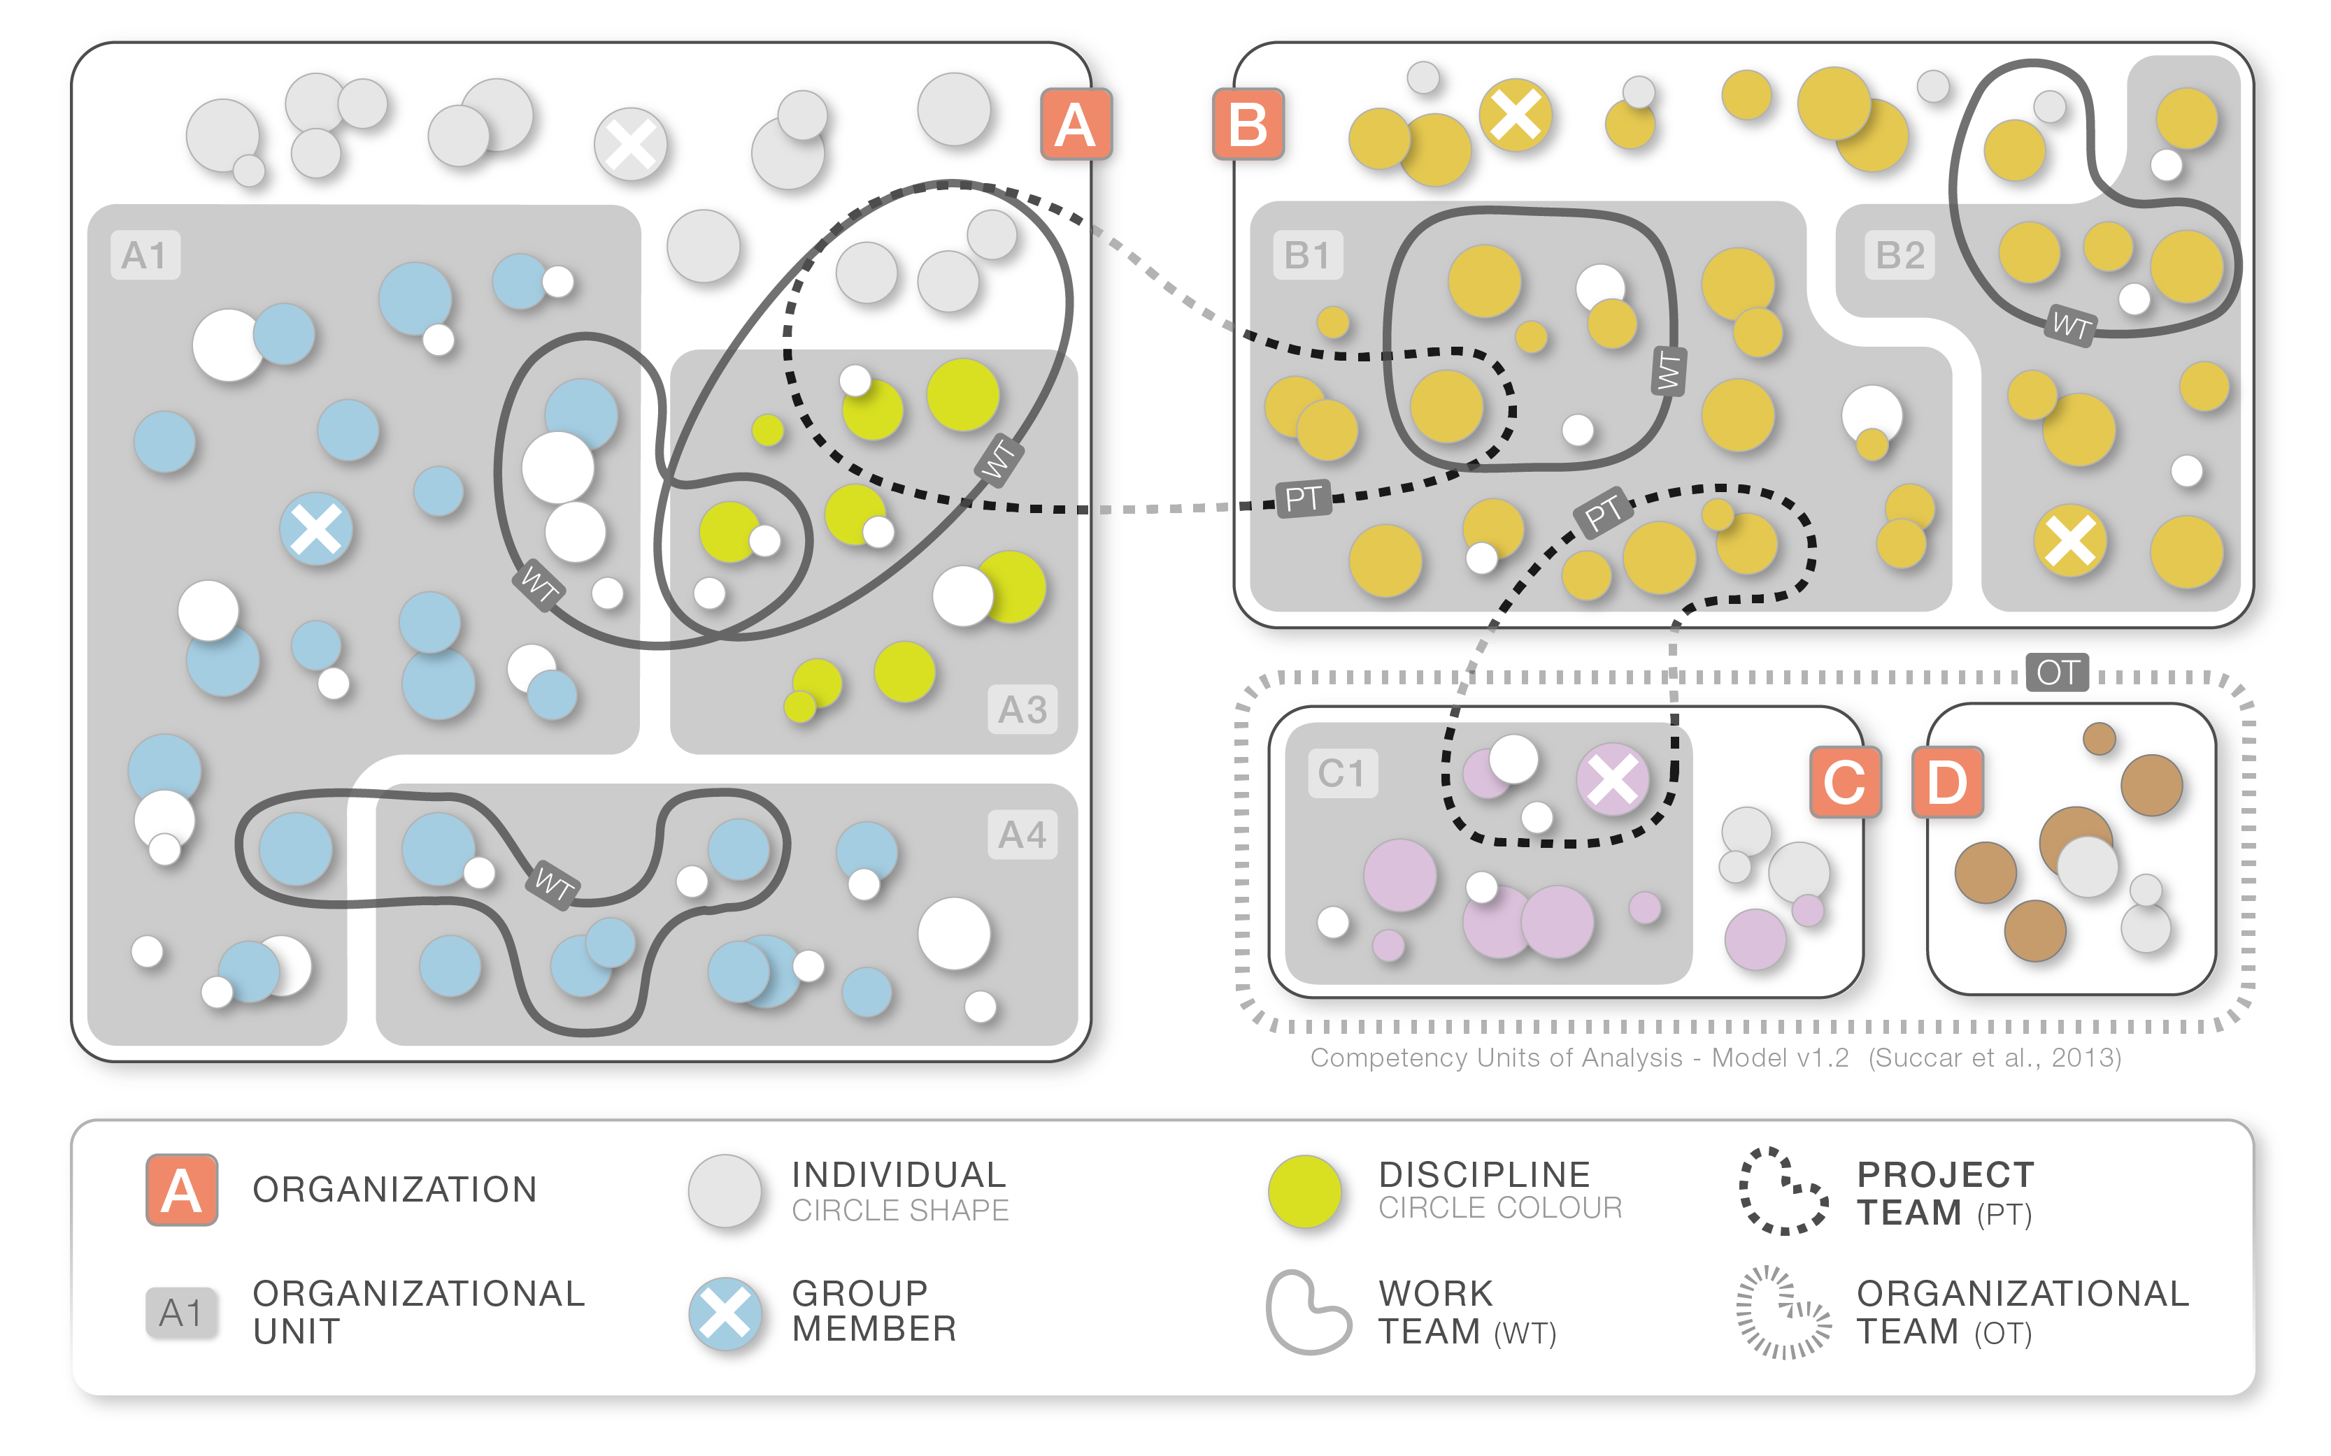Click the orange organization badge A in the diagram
click(x=1076, y=124)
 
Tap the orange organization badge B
click(x=1248, y=124)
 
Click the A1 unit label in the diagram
click(x=145, y=255)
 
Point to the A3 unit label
click(x=1022, y=709)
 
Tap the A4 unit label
click(x=1022, y=834)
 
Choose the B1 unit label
click(x=1307, y=255)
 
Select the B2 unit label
click(x=1899, y=255)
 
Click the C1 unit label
click(x=1342, y=773)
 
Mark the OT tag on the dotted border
click(x=2058, y=672)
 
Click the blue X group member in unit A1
click(x=316, y=528)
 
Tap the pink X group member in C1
click(x=1613, y=779)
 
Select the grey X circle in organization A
click(x=631, y=145)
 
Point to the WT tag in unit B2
click(x=2070, y=326)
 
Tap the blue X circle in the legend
click(x=725, y=1313)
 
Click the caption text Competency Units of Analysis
click(x=1497, y=1058)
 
